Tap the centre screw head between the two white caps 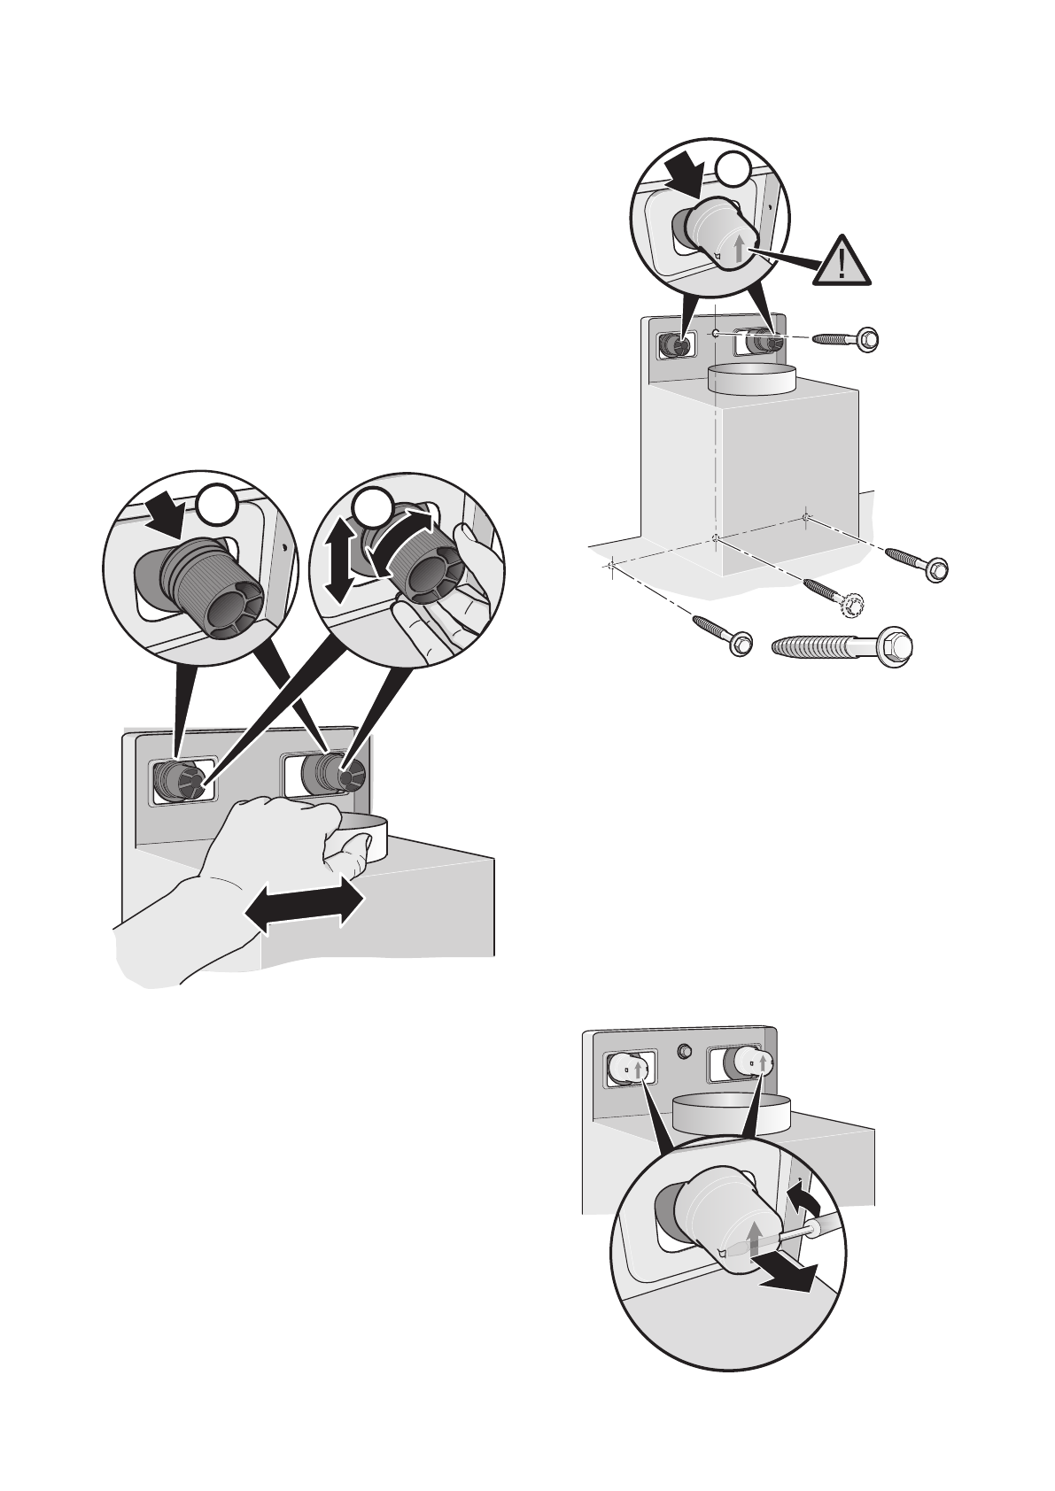pyautogui.click(x=683, y=1052)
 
